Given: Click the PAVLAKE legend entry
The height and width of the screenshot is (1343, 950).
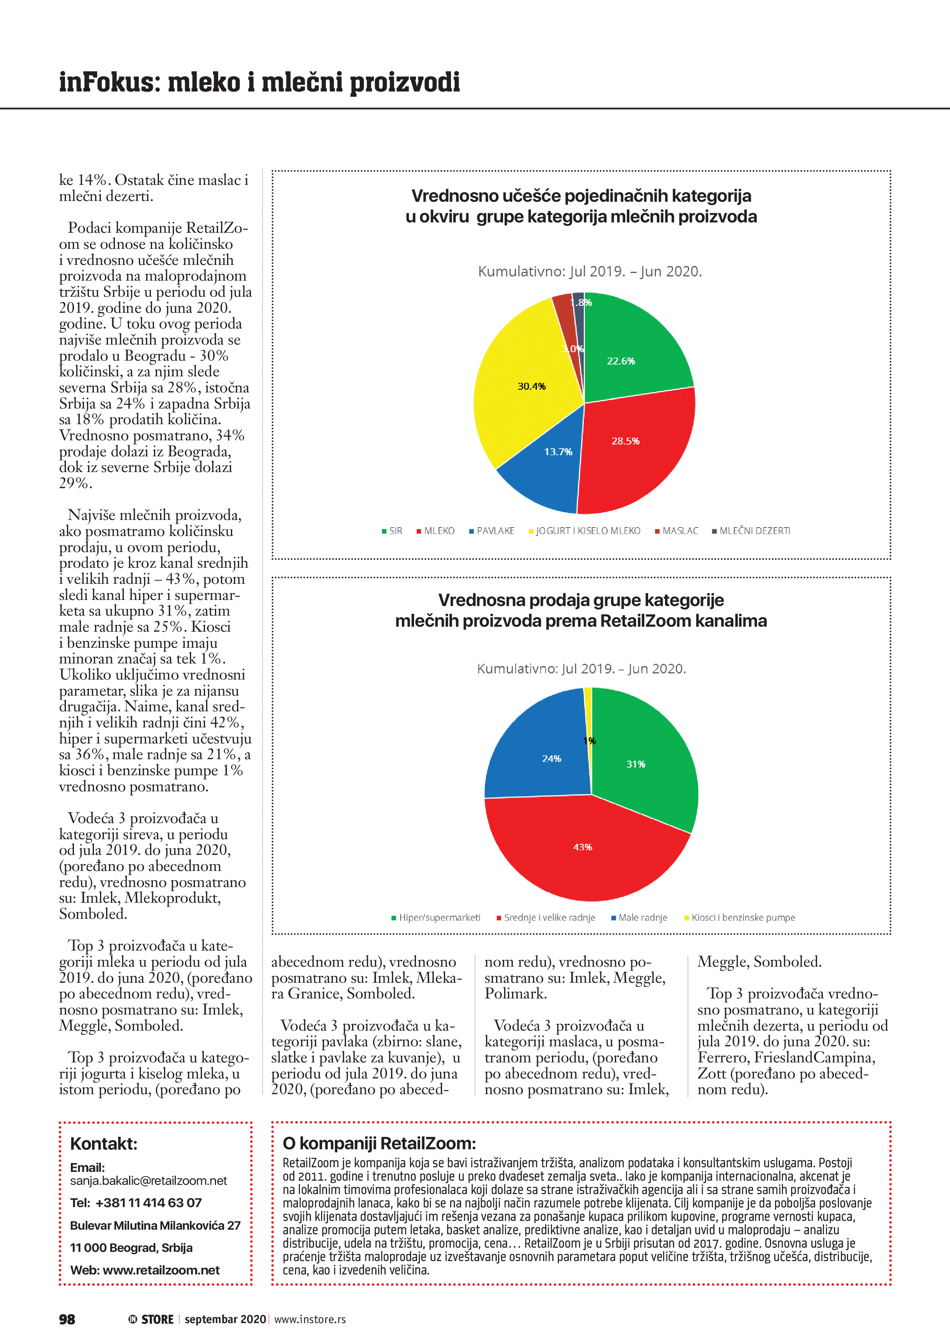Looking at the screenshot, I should [495, 531].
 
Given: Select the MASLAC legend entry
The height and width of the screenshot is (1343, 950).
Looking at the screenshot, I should [680, 531].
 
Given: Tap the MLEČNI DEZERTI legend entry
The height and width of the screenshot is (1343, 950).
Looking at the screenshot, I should [754, 531].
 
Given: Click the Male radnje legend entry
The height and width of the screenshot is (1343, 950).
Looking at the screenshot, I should [642, 918].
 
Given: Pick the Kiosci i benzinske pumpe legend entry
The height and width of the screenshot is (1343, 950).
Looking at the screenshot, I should [743, 918].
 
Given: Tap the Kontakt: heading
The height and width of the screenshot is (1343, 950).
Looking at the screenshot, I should [103, 1144].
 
